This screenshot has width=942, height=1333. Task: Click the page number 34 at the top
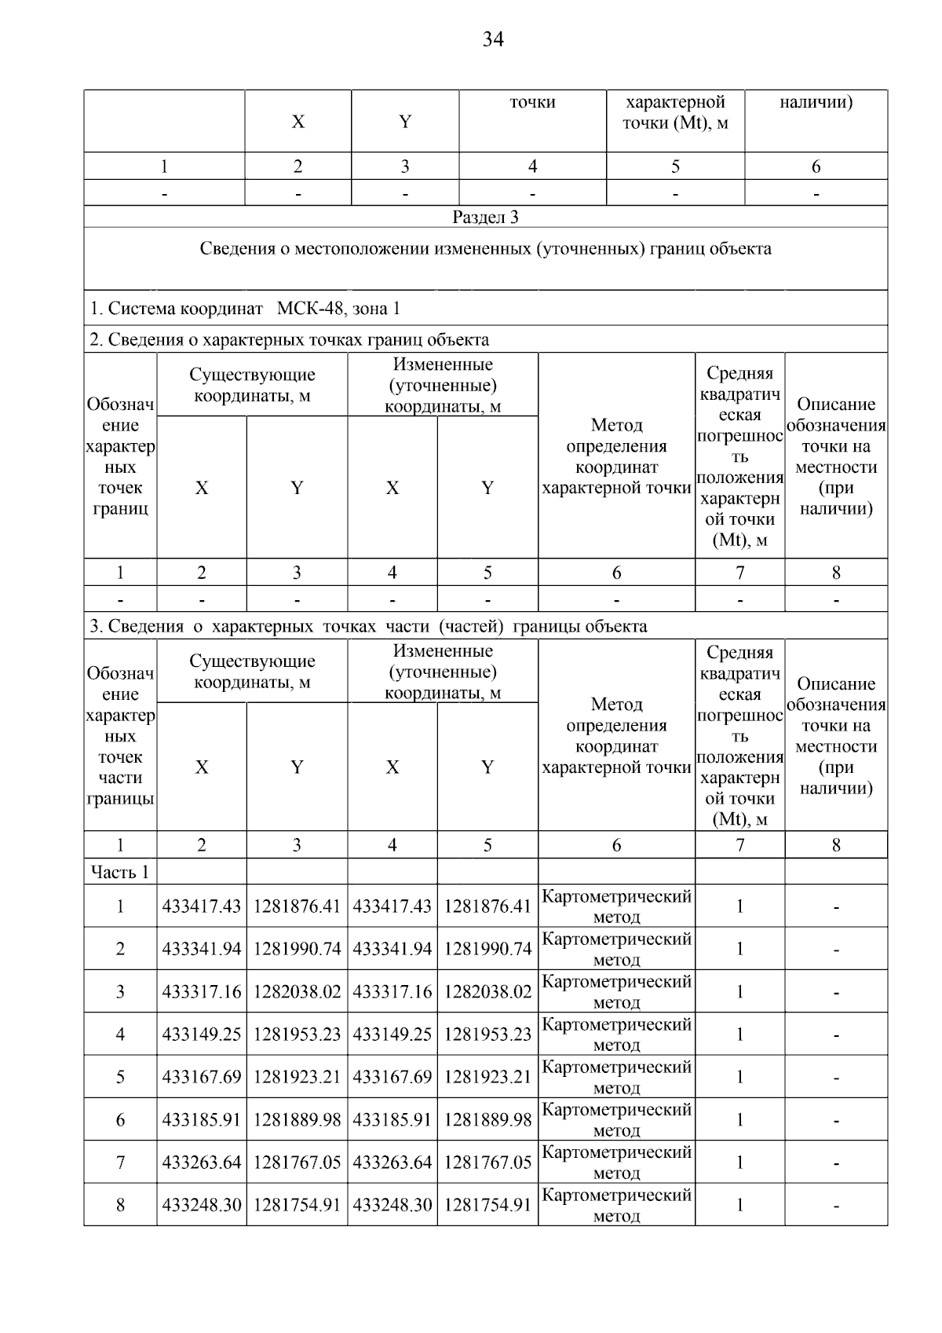click(x=492, y=39)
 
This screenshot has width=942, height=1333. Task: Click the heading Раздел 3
click(x=485, y=218)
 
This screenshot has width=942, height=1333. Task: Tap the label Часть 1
click(x=119, y=872)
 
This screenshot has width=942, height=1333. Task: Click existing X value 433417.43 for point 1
click(x=202, y=906)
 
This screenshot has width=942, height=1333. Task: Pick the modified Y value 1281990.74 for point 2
click(x=487, y=949)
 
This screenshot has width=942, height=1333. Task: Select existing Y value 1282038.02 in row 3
click(x=297, y=991)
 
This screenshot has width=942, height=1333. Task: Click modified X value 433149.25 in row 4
click(x=392, y=1035)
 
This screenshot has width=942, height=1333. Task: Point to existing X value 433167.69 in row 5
click(x=202, y=1077)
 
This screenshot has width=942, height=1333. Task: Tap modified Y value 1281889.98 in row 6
click(x=487, y=1119)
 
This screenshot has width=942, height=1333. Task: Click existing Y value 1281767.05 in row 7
click(x=297, y=1163)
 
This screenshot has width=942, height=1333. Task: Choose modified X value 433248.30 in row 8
click(x=392, y=1205)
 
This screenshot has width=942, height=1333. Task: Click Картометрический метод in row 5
click(x=616, y=1077)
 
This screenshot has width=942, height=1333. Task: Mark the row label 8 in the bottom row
click(x=120, y=1205)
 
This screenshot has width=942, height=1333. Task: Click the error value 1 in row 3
click(x=739, y=991)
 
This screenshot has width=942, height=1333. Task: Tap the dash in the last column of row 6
click(x=836, y=1121)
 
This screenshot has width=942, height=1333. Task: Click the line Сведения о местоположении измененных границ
click(x=485, y=249)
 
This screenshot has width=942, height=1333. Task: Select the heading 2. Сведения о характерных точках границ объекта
click(x=289, y=339)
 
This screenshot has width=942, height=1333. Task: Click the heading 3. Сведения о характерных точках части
click(x=367, y=626)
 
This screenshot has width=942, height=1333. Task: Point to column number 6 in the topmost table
click(x=816, y=167)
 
